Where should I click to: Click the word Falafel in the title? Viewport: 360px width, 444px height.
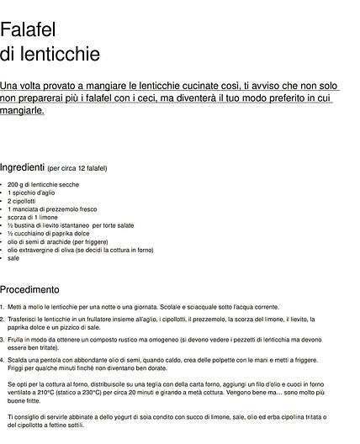(29, 30)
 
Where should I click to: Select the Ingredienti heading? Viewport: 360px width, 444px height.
(22, 167)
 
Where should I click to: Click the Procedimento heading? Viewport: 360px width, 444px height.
(29, 288)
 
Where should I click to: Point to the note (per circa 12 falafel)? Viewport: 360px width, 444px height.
(77, 169)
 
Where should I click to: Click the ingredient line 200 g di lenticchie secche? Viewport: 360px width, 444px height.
(44, 184)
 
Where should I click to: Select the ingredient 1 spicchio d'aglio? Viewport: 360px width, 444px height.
(37, 193)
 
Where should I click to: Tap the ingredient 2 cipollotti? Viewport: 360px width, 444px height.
(22, 201)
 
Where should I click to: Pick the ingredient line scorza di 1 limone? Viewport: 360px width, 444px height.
(34, 217)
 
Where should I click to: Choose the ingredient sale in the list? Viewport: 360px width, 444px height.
(13, 258)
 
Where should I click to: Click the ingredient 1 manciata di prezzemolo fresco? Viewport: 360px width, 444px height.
(52, 209)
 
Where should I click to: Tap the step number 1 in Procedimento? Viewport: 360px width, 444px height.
(3, 307)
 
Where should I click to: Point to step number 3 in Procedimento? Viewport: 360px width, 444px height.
(3, 339)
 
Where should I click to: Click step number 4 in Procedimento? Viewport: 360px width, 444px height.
(3, 359)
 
